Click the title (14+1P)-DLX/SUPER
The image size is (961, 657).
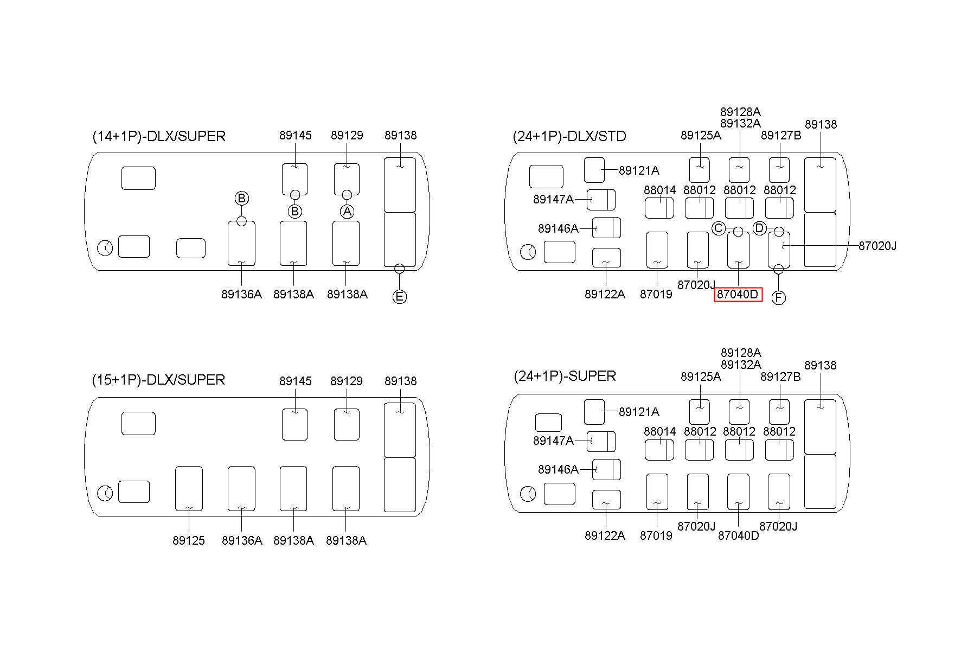[x=159, y=136]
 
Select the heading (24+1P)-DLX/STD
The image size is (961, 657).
[x=569, y=136]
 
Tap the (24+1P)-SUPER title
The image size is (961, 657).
[x=565, y=376]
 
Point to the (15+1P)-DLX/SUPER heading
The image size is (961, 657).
[x=158, y=380]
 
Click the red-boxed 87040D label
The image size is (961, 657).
[x=738, y=295]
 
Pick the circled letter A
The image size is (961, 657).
[x=347, y=211]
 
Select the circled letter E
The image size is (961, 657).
[x=399, y=297]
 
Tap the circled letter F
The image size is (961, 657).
[x=778, y=298]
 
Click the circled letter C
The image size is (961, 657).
[x=719, y=228]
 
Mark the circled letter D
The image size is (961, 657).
[x=759, y=228]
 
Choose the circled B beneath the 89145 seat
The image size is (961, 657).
[x=295, y=211]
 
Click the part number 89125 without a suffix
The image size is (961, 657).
[x=189, y=540]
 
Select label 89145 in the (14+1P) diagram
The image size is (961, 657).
[x=296, y=135]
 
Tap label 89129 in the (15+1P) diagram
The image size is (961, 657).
[x=347, y=381]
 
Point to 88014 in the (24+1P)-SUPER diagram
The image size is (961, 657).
[x=660, y=431]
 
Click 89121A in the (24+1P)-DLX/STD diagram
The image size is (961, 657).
[x=639, y=170]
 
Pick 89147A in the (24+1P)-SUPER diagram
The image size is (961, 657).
[x=553, y=441]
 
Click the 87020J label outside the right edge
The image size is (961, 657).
[x=877, y=246]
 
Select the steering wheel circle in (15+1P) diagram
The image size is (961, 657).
[x=105, y=494]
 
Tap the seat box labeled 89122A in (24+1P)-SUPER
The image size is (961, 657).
[x=606, y=500]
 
